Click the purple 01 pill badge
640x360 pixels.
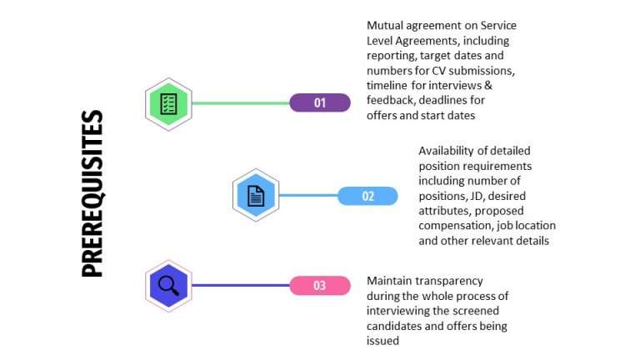[x=320, y=103]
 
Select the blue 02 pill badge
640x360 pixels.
[x=367, y=197]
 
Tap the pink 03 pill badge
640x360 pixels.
[x=319, y=286]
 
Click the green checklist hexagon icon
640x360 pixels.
[x=168, y=104]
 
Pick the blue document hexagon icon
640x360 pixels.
[x=256, y=196]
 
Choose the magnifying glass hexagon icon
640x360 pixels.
[x=168, y=285]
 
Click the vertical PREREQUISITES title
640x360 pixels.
[x=93, y=193]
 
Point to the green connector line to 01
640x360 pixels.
[x=241, y=103]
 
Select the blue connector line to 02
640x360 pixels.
[x=308, y=197]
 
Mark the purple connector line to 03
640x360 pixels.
[x=241, y=286]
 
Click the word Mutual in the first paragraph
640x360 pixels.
[x=384, y=26]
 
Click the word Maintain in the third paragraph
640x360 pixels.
[x=390, y=281]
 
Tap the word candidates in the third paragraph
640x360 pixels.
[x=395, y=326]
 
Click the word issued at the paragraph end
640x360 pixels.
[x=383, y=341]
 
